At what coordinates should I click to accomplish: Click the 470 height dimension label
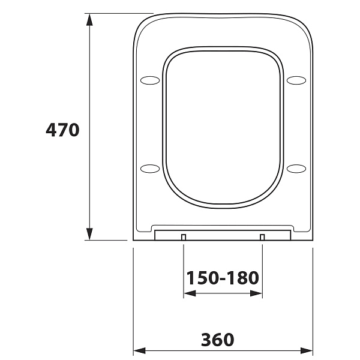(x=62, y=130)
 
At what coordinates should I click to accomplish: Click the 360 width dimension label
(x=218, y=340)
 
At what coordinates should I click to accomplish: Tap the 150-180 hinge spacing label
(x=223, y=278)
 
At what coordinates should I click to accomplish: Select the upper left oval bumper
(x=150, y=80)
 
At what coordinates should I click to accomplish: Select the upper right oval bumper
(x=296, y=80)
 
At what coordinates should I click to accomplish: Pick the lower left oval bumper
(x=150, y=169)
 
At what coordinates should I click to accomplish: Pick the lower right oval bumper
(x=296, y=169)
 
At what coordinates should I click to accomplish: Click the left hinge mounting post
(x=184, y=237)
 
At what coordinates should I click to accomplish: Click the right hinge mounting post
(x=262, y=237)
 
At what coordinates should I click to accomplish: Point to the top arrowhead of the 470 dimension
(x=89, y=20)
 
